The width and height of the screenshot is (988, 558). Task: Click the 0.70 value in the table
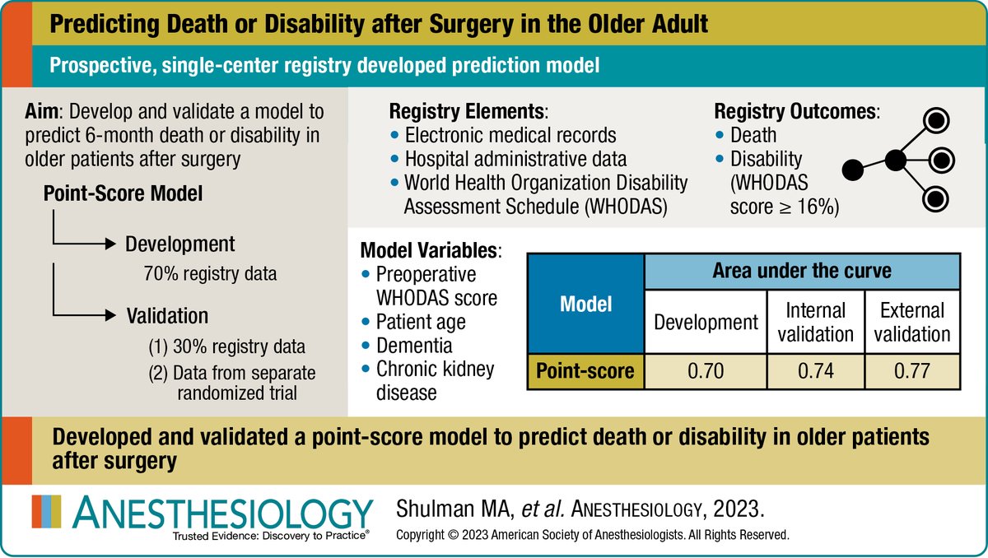(706, 372)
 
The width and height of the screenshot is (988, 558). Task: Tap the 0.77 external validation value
(911, 372)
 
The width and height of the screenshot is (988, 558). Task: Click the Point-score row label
(585, 372)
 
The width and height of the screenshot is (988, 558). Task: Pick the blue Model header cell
(585, 305)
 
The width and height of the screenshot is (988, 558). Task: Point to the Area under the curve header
(802, 271)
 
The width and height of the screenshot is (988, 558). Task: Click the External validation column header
(911, 322)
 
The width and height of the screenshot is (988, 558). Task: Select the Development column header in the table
(706, 322)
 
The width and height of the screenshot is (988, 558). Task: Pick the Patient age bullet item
(421, 322)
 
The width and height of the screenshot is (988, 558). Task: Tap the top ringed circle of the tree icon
(935, 121)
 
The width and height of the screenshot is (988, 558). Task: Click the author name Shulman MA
(450, 509)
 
